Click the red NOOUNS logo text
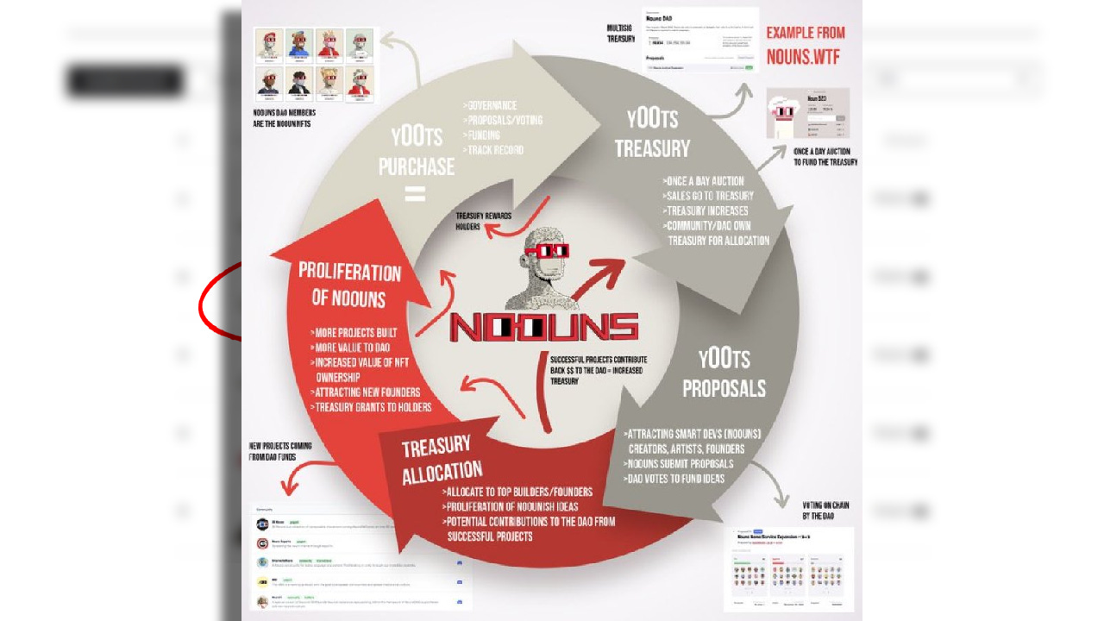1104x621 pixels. tap(544, 326)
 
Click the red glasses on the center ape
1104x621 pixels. tap(547, 252)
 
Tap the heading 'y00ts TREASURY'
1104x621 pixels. tap(652, 134)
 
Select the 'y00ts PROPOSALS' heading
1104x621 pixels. tap(724, 373)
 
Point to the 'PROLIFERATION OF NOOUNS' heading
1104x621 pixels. tap(349, 285)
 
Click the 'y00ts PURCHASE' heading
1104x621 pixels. tap(415, 151)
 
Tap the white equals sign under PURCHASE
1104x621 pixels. tap(415, 195)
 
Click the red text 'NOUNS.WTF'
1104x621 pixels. tap(802, 57)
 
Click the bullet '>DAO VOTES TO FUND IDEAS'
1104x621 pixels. tap(675, 478)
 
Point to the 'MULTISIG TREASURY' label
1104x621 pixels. tap(620, 34)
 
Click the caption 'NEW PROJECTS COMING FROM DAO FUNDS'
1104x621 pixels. tap(279, 451)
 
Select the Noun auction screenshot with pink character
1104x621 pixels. tap(807, 113)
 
